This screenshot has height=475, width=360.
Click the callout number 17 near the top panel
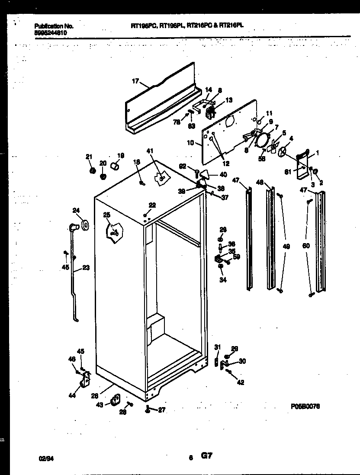pyautogui.click(x=135, y=80)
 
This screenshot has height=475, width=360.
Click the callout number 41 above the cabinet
pyautogui.click(x=150, y=151)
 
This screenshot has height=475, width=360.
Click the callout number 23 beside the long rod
pyautogui.click(x=86, y=267)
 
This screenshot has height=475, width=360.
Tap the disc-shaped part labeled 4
pyautogui.click(x=283, y=151)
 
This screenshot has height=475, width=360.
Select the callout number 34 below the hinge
pyautogui.click(x=222, y=280)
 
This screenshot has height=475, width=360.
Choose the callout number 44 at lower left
pyautogui.click(x=71, y=395)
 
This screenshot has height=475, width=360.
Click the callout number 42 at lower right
pyautogui.click(x=241, y=382)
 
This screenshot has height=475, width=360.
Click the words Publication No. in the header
pyautogui.click(x=54, y=26)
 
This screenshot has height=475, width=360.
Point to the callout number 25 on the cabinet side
pyautogui.click(x=107, y=215)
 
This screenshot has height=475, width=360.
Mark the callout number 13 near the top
pyautogui.click(x=229, y=100)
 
